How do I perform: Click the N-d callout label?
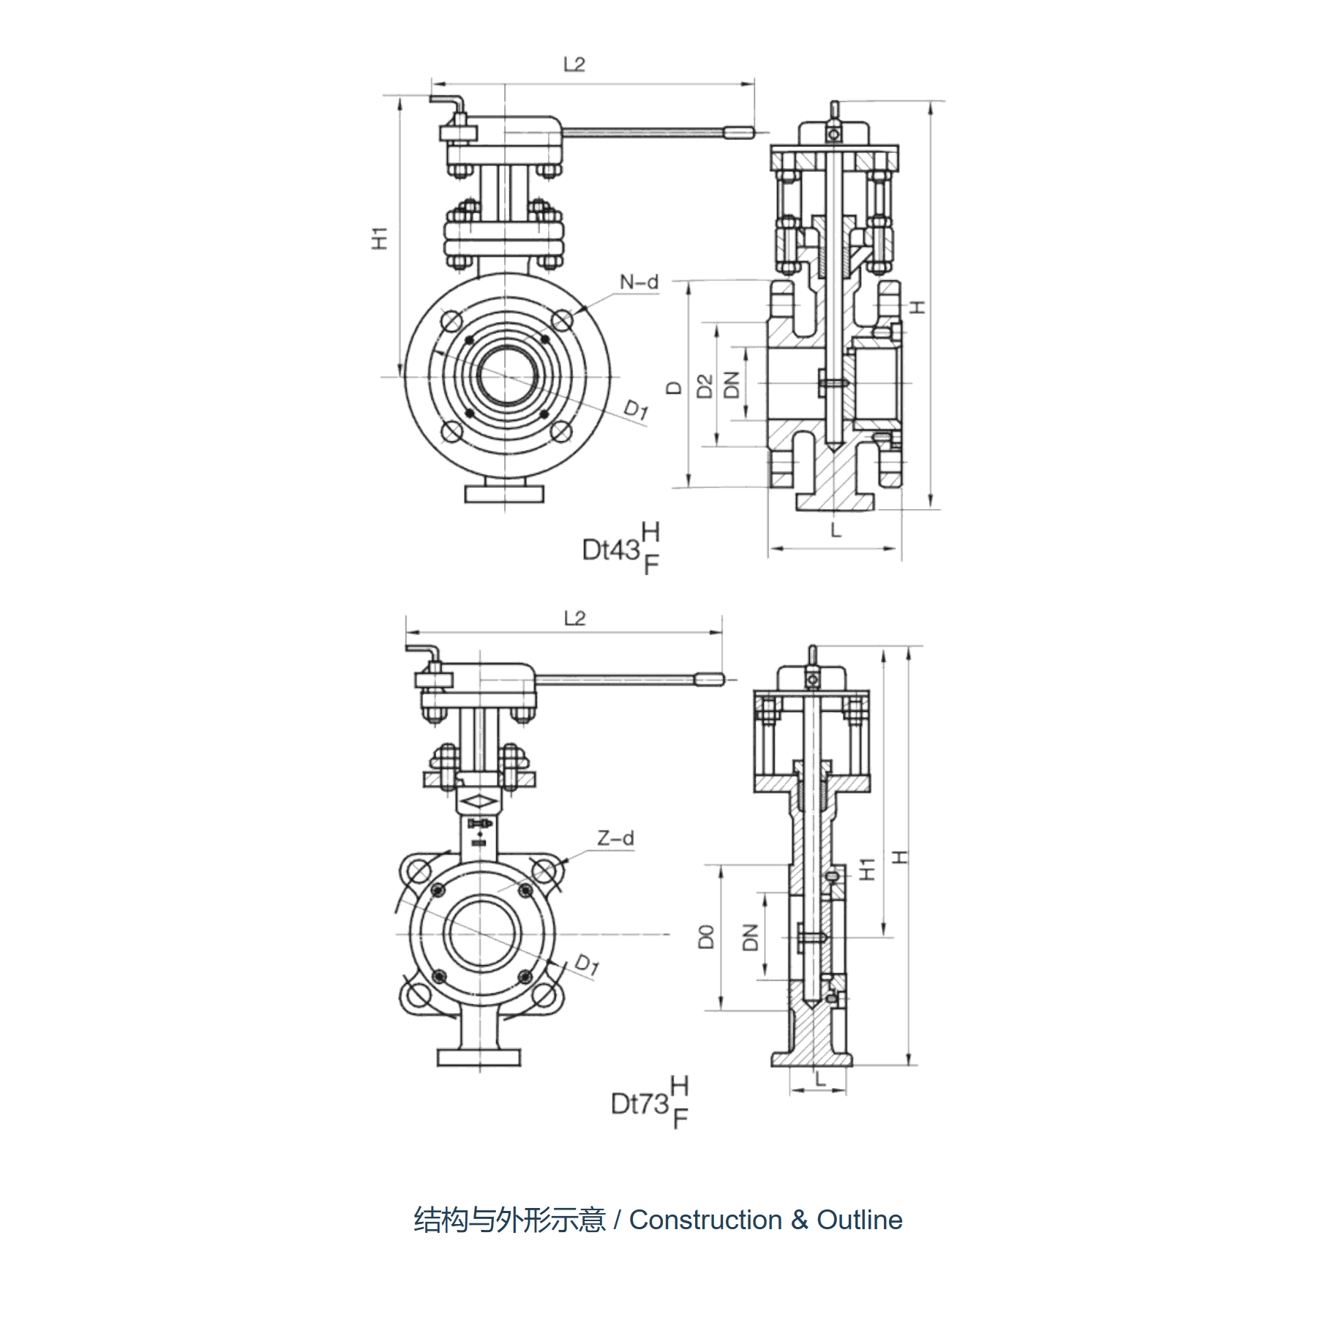pyautogui.click(x=639, y=282)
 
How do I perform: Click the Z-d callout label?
pyautogui.click(x=615, y=838)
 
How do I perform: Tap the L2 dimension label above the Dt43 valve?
pyautogui.click(x=574, y=64)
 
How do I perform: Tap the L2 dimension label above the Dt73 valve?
pyautogui.click(x=574, y=618)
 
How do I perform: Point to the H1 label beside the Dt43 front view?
pyautogui.click(x=379, y=239)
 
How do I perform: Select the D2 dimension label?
pyautogui.click(x=705, y=386)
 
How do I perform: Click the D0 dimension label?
pyautogui.click(x=706, y=937)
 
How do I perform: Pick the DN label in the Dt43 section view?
pyautogui.click(x=732, y=385)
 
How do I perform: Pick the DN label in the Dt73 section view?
pyautogui.click(x=751, y=937)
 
